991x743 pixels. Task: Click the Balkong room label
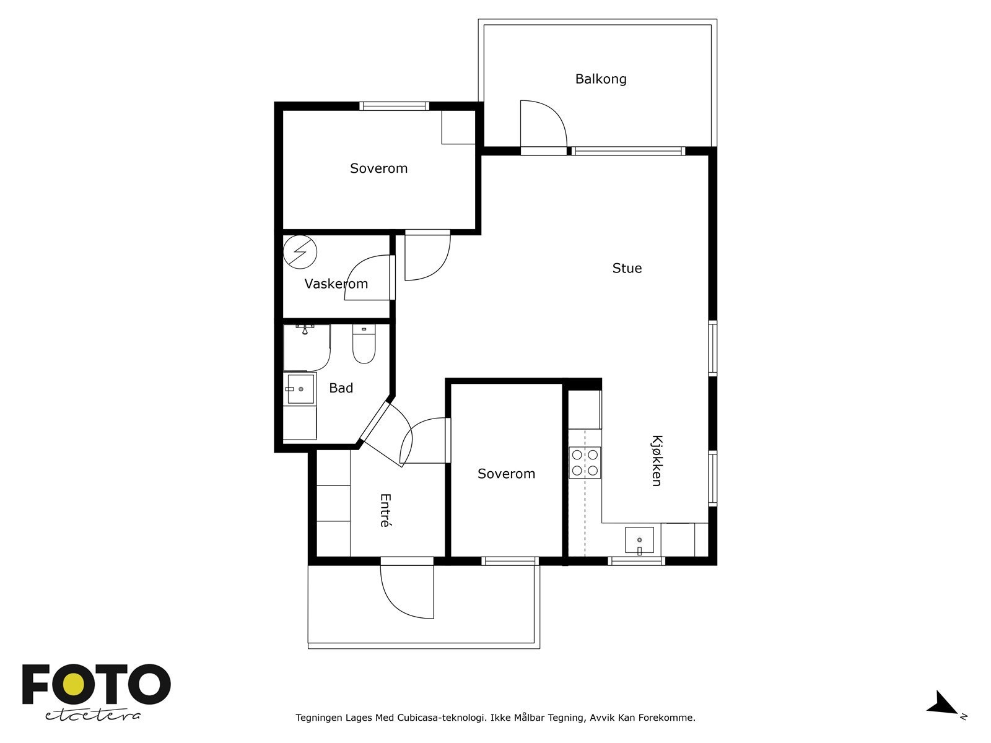(x=600, y=79)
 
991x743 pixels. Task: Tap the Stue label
(x=627, y=269)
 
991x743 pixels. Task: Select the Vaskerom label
(x=336, y=284)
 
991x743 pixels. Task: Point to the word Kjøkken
(x=657, y=461)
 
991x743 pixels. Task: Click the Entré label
(x=385, y=510)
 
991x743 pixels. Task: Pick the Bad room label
(x=341, y=388)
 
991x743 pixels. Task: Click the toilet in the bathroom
(x=364, y=344)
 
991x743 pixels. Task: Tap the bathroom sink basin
(x=300, y=389)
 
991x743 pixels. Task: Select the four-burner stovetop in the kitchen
(x=585, y=463)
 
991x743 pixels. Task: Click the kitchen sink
(x=639, y=540)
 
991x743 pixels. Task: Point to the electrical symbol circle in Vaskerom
(x=300, y=252)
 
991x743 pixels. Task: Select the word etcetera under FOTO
(x=93, y=716)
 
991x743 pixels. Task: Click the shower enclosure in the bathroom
(x=307, y=347)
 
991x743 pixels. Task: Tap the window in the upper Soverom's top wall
(x=395, y=106)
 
